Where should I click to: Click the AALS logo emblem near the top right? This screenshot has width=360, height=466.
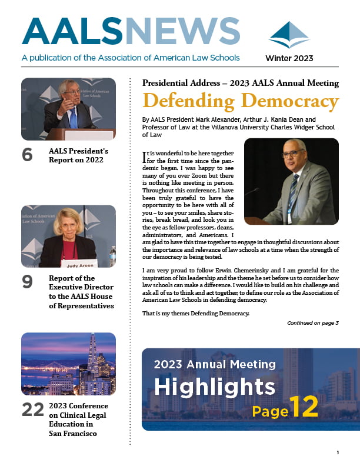coord(289,35)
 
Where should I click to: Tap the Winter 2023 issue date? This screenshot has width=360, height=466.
coord(289,58)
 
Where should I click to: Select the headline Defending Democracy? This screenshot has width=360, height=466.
coord(241,101)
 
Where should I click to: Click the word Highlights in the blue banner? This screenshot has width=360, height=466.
coord(215,387)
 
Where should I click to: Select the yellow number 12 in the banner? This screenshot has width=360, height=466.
coord(304,406)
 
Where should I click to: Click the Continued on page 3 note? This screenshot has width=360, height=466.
coord(312,323)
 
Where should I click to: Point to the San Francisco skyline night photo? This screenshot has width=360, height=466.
coord(69,364)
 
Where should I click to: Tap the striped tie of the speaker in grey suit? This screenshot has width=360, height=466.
coord(293,194)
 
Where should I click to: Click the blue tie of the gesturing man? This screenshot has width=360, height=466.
coord(74,116)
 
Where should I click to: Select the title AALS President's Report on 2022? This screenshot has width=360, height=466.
coord(76,155)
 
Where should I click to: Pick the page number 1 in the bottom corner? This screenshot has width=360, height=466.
coord(338,452)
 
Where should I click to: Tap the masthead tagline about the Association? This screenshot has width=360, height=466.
coord(131,58)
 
